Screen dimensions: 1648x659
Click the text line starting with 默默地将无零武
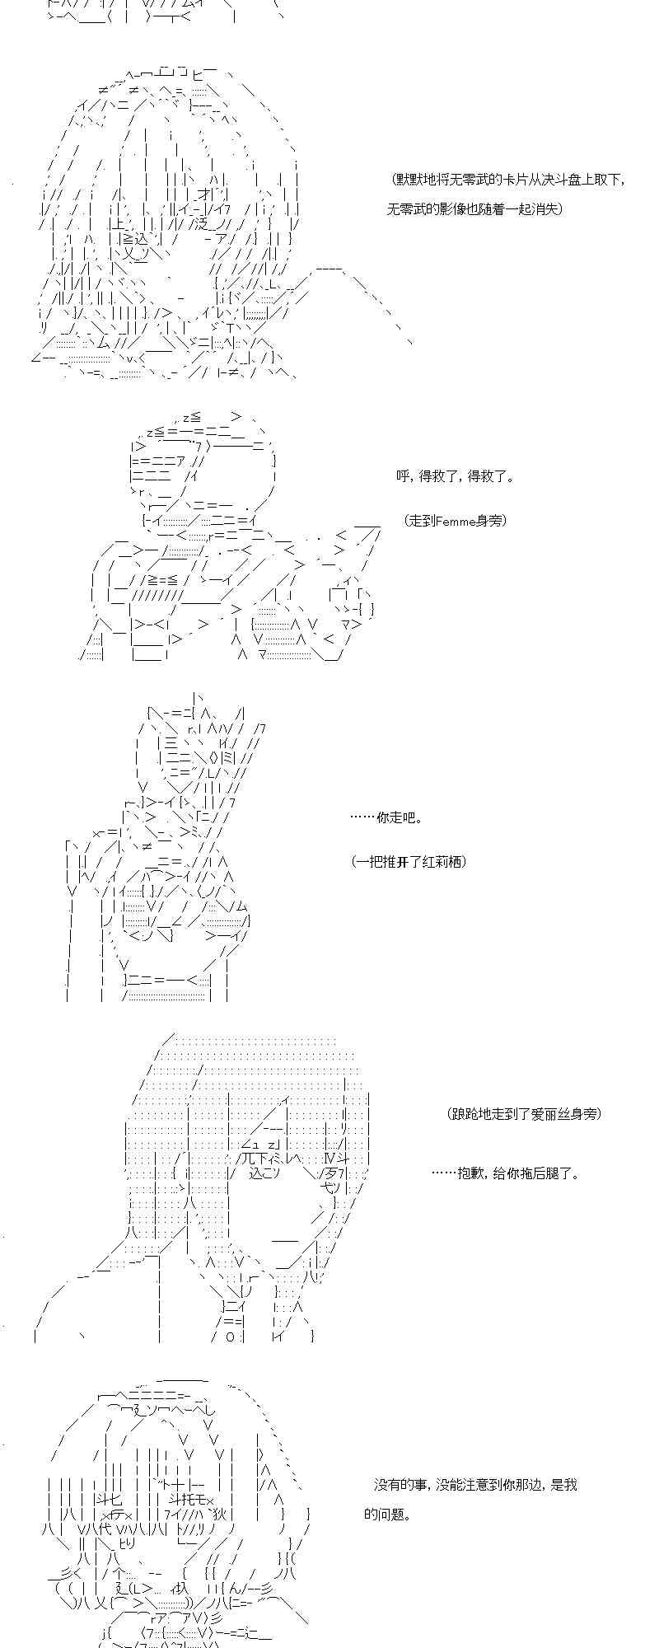[x=508, y=180]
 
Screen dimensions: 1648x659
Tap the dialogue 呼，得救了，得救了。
[x=455, y=476]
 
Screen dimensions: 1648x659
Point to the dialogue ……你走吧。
[x=386, y=818]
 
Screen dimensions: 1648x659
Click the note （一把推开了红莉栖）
[x=409, y=862]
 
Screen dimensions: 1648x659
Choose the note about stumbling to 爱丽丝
[x=525, y=1114]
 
